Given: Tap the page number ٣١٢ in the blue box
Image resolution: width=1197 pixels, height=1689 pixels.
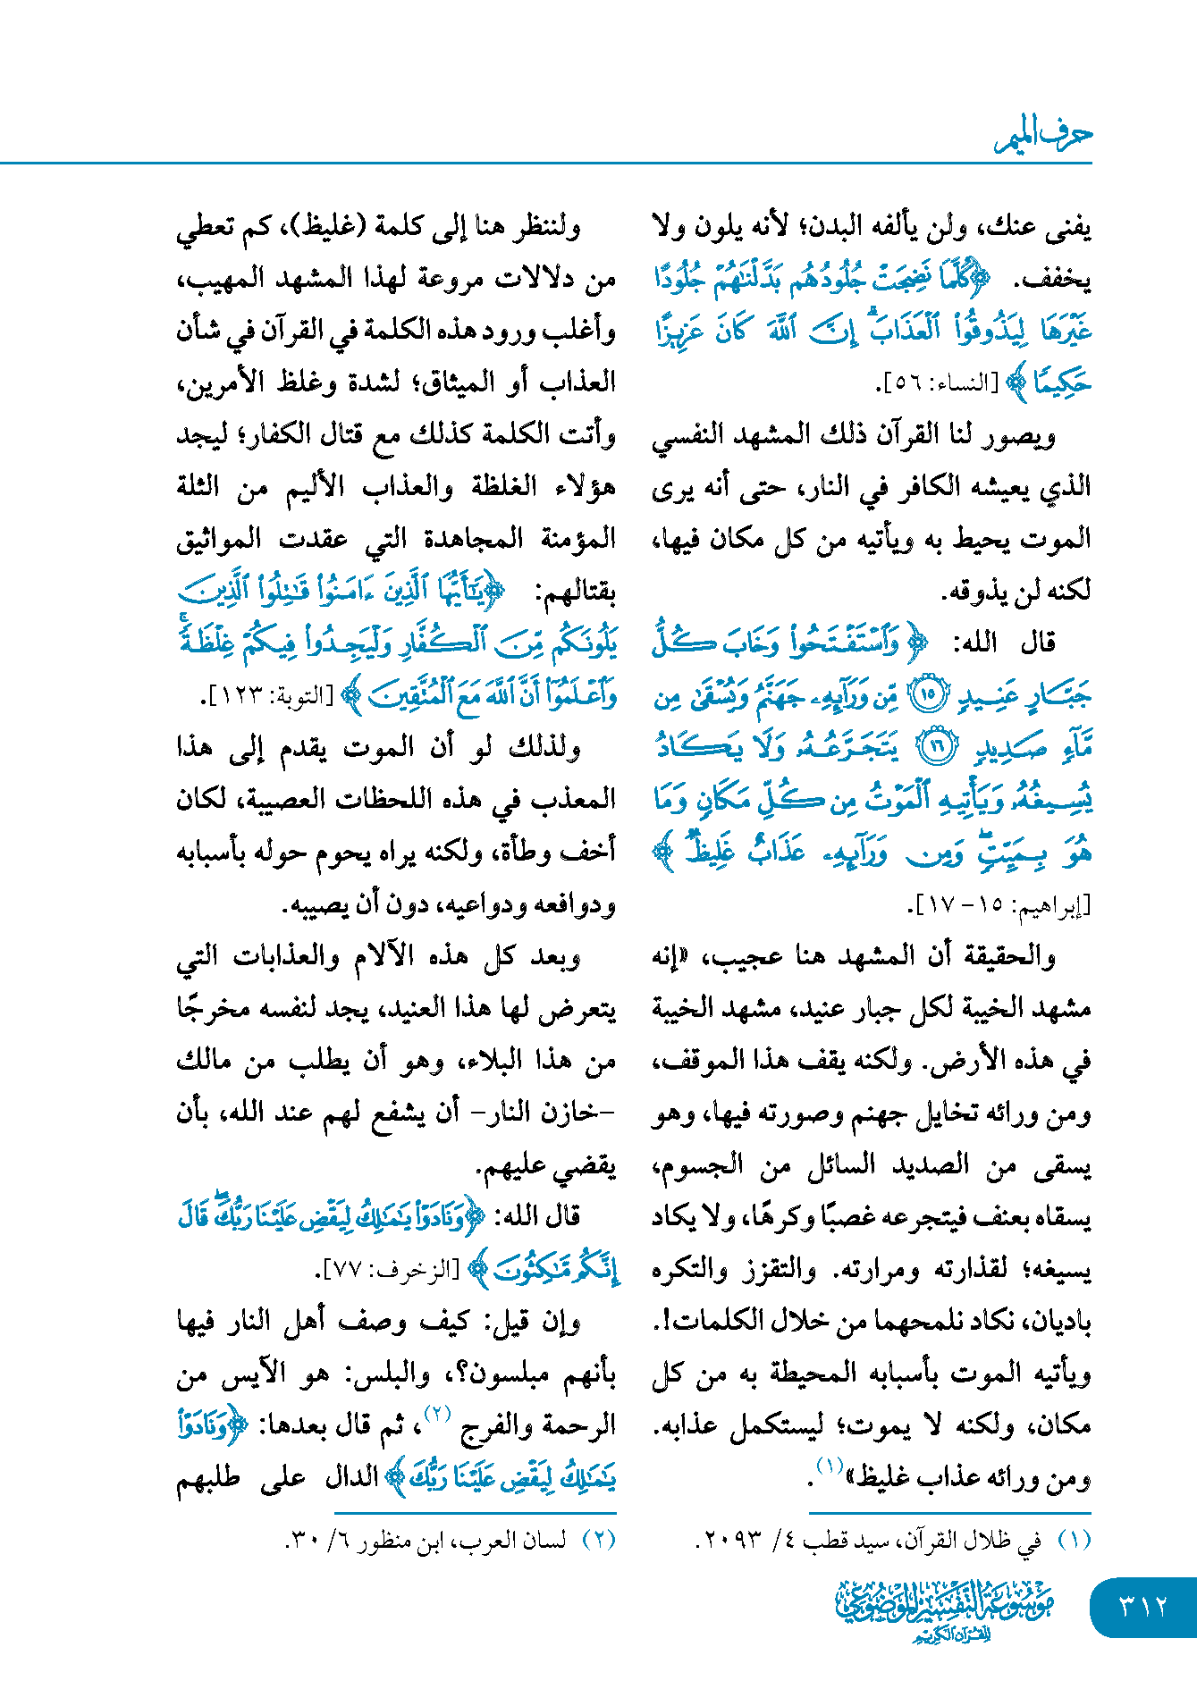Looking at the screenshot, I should [1143, 1607].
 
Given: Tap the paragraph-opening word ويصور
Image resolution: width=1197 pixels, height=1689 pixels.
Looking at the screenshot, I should [1027, 436].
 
